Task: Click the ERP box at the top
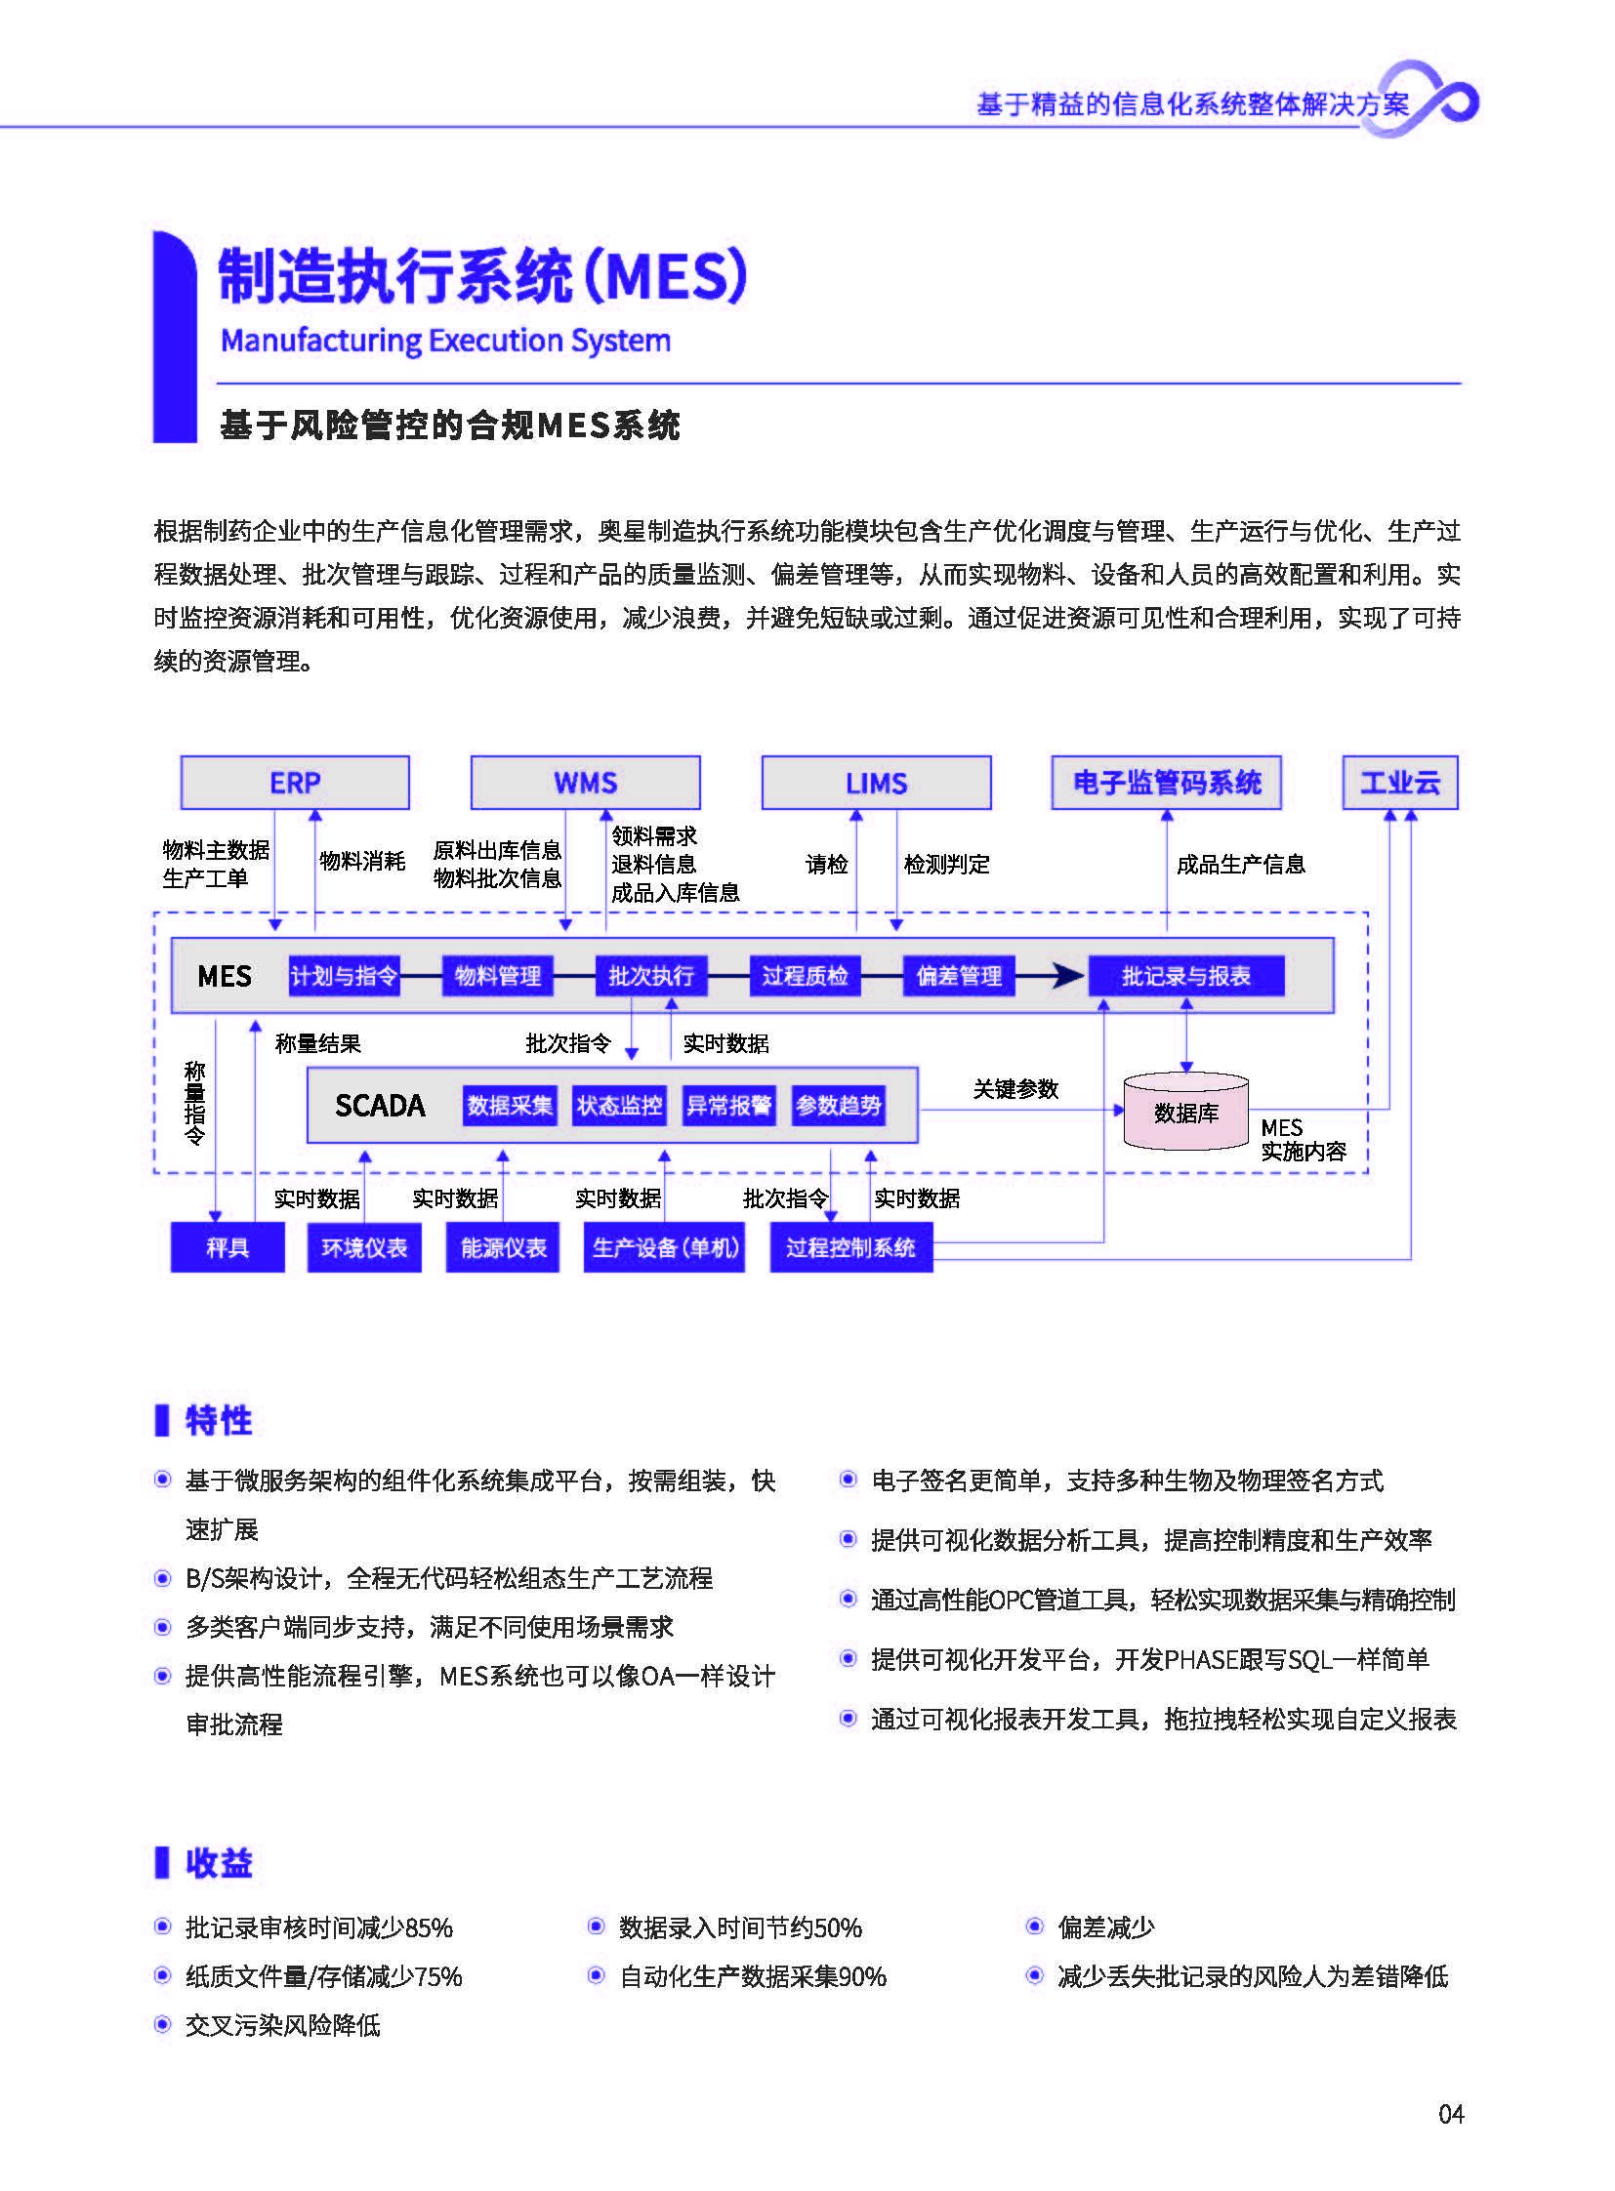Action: tap(294, 783)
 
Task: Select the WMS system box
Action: tap(585, 783)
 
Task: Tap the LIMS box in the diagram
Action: tap(876, 783)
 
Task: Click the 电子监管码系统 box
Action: tap(1166, 783)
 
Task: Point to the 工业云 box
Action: tap(1400, 783)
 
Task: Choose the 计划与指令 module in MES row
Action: tap(344, 975)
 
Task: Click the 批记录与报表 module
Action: tap(1185, 975)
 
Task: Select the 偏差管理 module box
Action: tap(958, 975)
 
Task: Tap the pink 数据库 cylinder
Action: tap(1185, 1113)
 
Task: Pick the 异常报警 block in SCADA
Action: tap(728, 1106)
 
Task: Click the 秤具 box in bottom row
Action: tap(228, 1248)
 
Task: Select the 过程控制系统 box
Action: tap(850, 1248)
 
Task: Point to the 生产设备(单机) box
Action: tap(665, 1248)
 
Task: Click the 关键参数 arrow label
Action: tap(1015, 1088)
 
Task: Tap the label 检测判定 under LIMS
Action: tap(946, 864)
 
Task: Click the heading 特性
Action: tap(218, 1420)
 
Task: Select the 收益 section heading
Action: tap(218, 1863)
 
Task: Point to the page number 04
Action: tap(1451, 2114)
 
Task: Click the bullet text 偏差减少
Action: tap(1105, 1927)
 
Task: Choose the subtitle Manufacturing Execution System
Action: tap(446, 340)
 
